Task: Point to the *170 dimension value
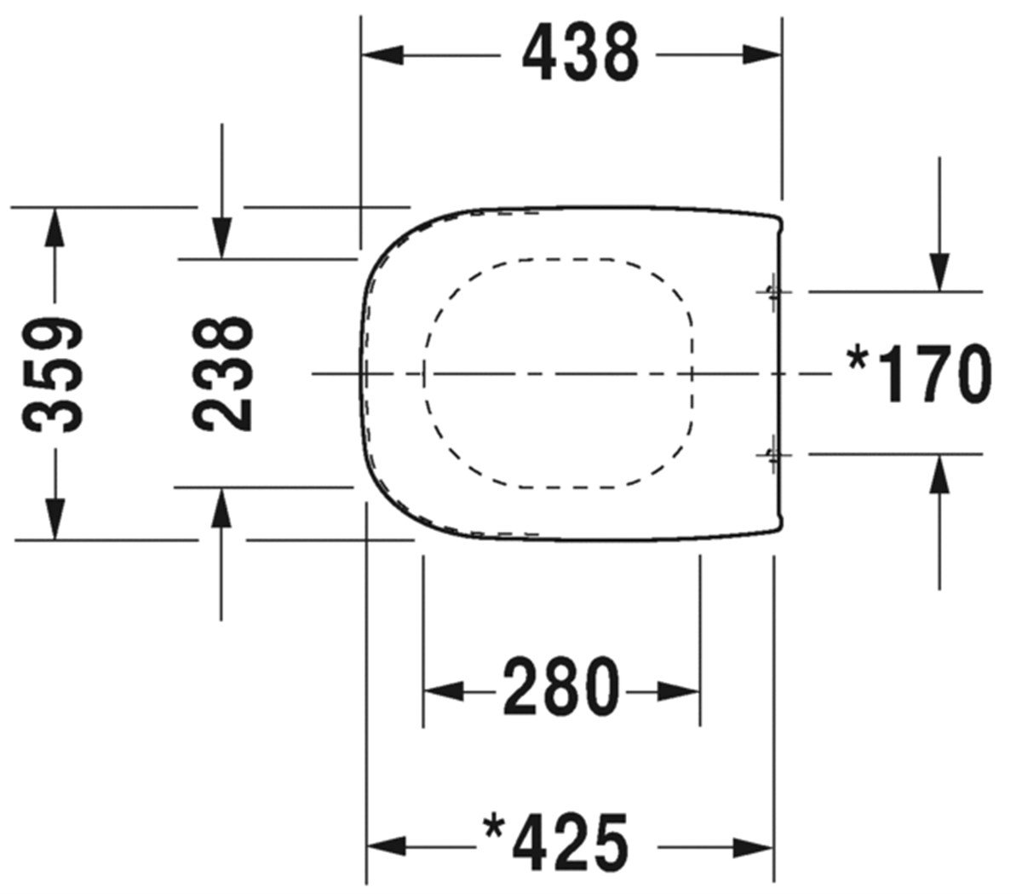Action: coord(921,373)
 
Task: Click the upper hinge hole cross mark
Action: coord(772,291)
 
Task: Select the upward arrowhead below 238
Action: coord(221,508)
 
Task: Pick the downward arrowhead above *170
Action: coord(939,272)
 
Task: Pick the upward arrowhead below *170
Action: coord(939,474)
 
